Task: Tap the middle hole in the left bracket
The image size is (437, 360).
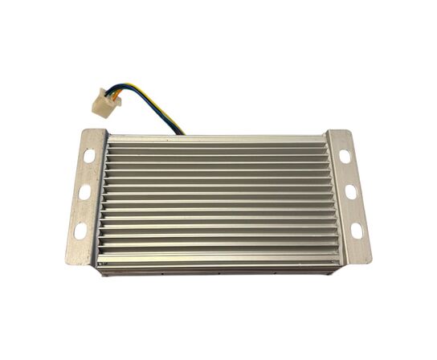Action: (x=84, y=193)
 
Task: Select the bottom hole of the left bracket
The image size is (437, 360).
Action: (x=80, y=231)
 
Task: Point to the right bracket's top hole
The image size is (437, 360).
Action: (x=345, y=156)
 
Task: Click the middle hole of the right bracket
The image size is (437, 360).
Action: (x=350, y=192)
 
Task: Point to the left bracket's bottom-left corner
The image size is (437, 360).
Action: (x=65, y=264)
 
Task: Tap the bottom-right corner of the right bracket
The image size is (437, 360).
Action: (x=371, y=262)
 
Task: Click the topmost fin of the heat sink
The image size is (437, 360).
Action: (x=217, y=141)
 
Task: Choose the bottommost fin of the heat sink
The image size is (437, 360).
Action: (x=217, y=259)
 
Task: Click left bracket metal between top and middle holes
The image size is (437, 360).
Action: (x=86, y=174)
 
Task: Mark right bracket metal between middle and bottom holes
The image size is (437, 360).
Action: (x=353, y=212)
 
